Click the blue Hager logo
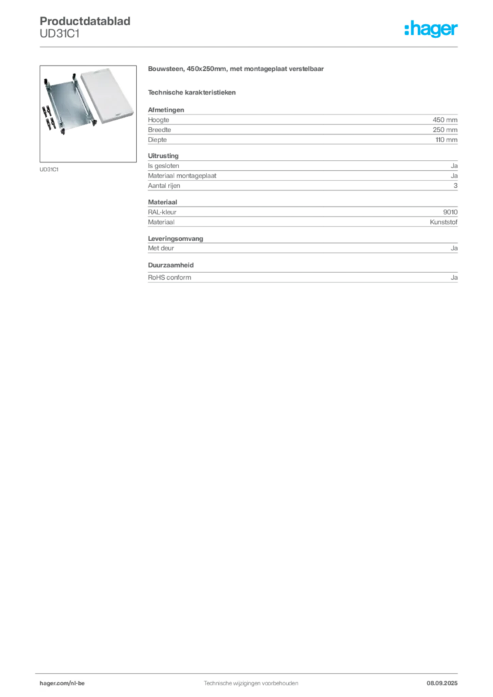click(432, 30)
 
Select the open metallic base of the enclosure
click(68, 102)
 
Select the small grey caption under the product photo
click(49, 169)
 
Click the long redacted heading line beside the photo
click(237, 71)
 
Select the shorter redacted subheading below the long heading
click(193, 92)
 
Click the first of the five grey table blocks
click(303, 127)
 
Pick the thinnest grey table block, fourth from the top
click(303, 245)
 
